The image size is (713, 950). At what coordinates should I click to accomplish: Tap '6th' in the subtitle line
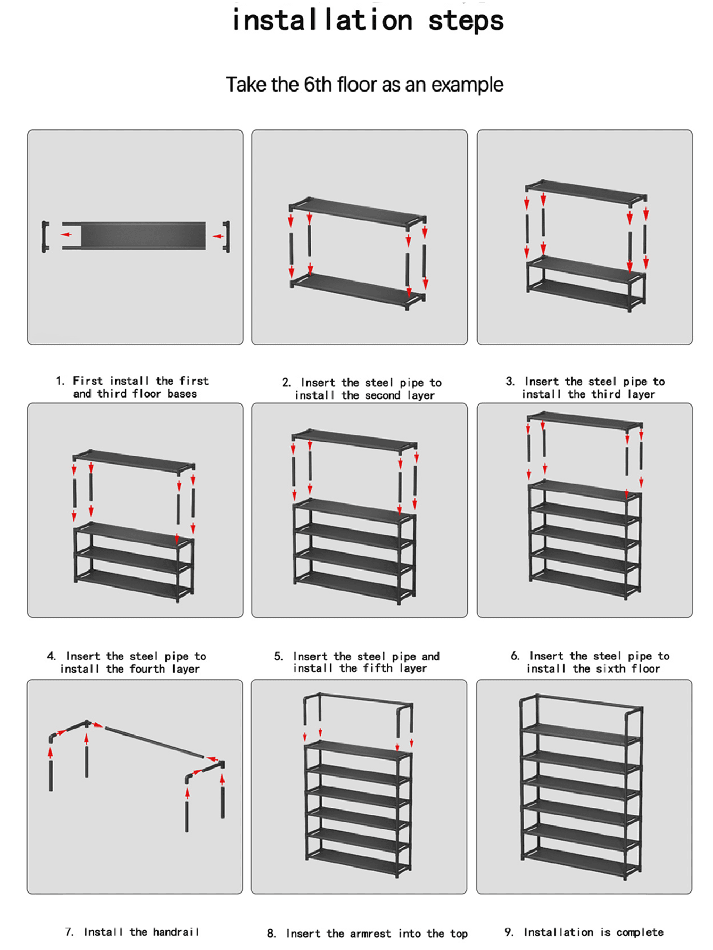[318, 85]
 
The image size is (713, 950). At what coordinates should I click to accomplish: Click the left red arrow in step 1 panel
[66, 234]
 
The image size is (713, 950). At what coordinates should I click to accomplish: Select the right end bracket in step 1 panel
[227, 236]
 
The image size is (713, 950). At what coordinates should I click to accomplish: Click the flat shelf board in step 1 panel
[143, 235]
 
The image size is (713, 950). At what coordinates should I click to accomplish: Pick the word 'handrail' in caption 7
[176, 932]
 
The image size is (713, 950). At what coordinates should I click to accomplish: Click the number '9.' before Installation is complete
[509, 932]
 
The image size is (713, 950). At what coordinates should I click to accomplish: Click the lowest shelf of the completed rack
[580, 858]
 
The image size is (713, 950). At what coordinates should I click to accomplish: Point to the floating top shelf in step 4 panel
[133, 461]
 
